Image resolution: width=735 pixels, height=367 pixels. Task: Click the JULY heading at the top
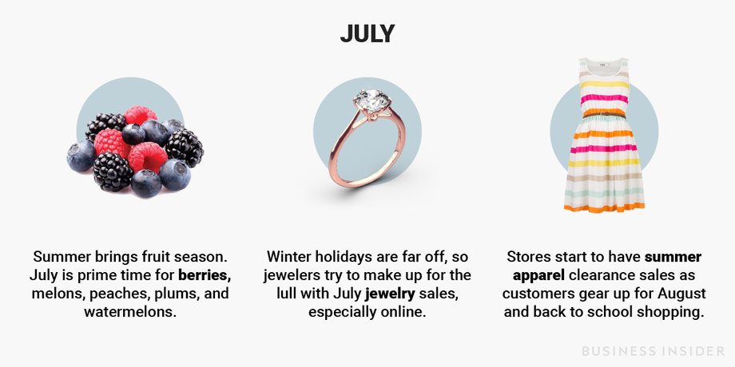point(367,34)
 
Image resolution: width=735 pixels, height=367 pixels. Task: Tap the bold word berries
point(205,275)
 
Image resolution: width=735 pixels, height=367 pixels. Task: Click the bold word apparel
point(538,275)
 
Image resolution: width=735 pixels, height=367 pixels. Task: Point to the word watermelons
point(130,312)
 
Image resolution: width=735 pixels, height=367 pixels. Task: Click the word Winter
point(288,257)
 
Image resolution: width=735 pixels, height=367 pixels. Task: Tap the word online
point(403,312)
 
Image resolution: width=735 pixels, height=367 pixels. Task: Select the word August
point(681,294)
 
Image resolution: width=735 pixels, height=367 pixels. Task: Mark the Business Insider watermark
point(653,351)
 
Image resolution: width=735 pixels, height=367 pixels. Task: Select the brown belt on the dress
point(604,114)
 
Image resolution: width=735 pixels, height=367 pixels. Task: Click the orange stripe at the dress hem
point(604,207)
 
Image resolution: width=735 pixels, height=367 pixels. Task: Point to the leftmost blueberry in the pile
point(81,156)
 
